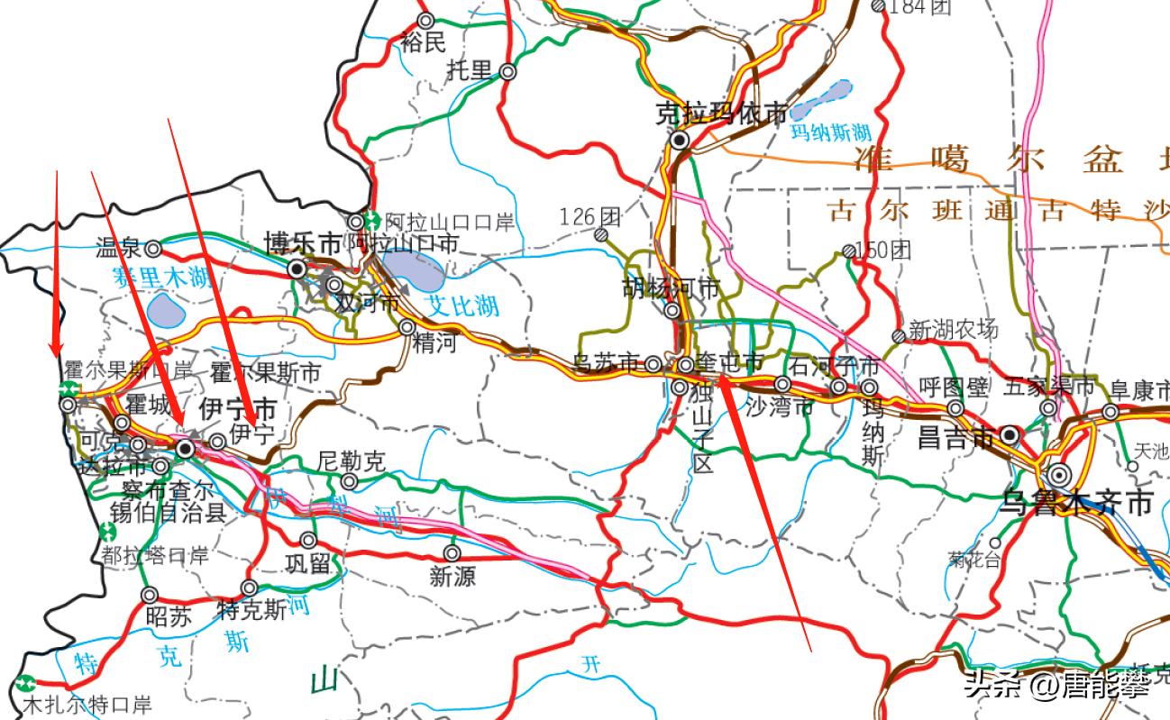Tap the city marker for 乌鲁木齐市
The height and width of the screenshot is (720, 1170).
click(x=1058, y=474)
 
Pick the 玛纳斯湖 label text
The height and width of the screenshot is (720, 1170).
click(x=831, y=132)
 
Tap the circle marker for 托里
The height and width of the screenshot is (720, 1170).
click(x=508, y=72)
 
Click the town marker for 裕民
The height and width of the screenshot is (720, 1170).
click(x=426, y=20)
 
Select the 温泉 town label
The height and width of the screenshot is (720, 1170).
click(x=118, y=248)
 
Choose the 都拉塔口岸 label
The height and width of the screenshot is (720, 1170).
click(x=155, y=555)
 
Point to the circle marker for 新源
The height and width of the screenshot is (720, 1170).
click(x=452, y=552)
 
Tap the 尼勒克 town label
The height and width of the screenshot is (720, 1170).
click(x=352, y=462)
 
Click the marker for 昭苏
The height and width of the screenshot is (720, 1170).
click(x=150, y=595)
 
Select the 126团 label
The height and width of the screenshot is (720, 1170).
click(x=590, y=217)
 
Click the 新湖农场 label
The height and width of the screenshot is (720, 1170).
click(x=954, y=330)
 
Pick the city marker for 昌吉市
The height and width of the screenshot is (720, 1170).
click(x=1010, y=435)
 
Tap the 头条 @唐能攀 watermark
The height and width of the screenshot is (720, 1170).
click(x=1056, y=687)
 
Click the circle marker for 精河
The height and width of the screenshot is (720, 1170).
click(x=407, y=326)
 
